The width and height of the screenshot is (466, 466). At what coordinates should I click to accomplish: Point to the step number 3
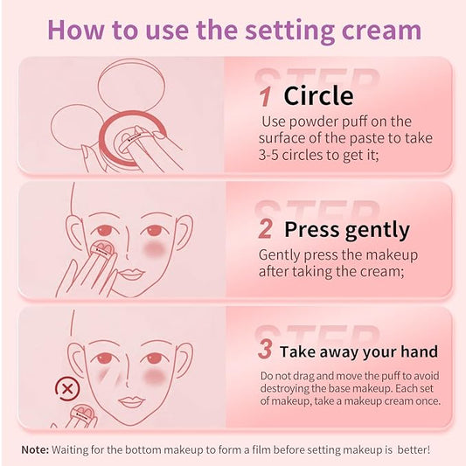tap(265, 351)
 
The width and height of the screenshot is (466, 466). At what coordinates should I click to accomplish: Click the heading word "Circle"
tap(318, 96)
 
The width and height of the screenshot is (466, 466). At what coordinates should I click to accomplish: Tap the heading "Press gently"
tap(346, 230)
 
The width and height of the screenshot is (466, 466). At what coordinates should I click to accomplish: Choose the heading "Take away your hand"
tap(358, 352)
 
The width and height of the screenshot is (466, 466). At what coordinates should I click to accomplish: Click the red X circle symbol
tap(64, 387)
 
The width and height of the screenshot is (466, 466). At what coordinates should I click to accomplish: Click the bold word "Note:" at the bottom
tap(35, 449)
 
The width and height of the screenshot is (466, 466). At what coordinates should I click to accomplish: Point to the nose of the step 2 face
tap(132, 254)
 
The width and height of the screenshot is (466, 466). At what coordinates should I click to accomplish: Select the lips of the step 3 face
tap(130, 401)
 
